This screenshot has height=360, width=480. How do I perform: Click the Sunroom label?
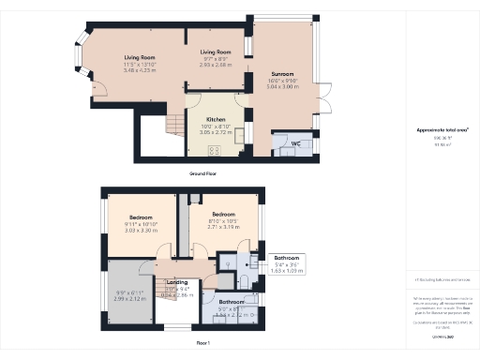coord(282,73)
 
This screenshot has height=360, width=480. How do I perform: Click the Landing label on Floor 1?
coord(177,281)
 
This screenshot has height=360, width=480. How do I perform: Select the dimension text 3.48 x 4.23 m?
coord(140,70)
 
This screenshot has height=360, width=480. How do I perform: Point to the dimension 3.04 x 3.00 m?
coord(282,86)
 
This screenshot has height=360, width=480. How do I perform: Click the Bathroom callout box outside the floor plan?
coord(287,263)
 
